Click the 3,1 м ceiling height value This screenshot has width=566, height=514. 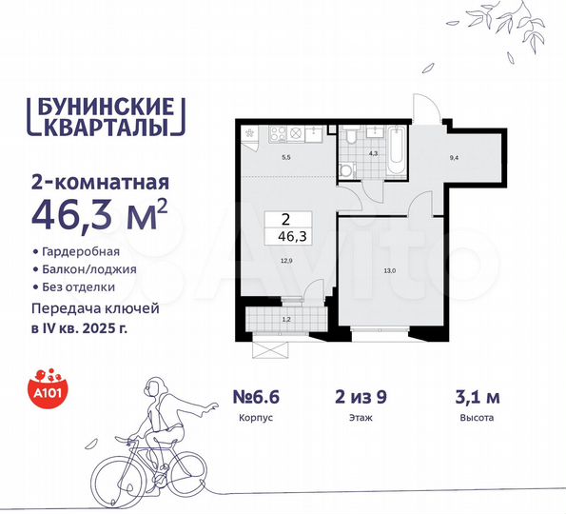[474, 391]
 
